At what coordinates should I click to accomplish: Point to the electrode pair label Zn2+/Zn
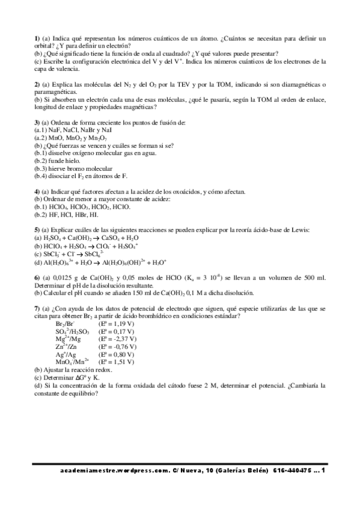66,346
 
